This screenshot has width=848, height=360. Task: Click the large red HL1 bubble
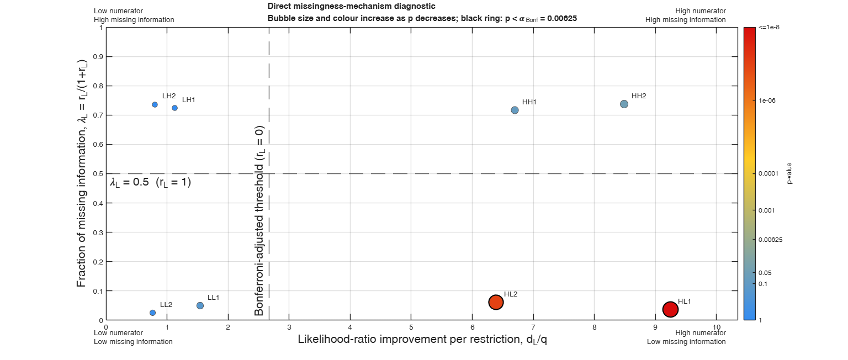tap(670, 309)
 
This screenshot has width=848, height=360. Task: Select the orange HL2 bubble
tap(496, 302)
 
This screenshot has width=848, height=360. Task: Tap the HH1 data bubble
tap(515, 110)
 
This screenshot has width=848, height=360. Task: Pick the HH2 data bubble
tap(624, 104)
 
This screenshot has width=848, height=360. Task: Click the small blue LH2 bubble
tap(155, 104)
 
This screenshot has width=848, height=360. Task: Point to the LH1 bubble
tap(174, 108)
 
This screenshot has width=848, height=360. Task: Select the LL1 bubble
tap(200, 305)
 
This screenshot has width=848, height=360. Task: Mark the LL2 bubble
tap(152, 313)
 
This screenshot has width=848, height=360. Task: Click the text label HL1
tap(684, 301)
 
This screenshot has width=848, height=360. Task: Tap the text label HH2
tap(639, 96)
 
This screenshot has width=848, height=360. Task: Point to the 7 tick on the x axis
tap(533, 327)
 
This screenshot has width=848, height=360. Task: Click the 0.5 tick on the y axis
tap(98, 174)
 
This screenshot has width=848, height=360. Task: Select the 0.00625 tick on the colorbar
tap(770, 240)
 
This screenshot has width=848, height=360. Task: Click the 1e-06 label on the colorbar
tap(767, 100)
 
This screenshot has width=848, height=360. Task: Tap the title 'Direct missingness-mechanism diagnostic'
tap(351, 6)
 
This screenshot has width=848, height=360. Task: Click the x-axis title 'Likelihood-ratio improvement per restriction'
tap(409, 339)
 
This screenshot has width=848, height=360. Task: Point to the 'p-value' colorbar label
tap(789, 173)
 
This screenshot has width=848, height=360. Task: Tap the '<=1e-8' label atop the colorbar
tap(769, 27)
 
